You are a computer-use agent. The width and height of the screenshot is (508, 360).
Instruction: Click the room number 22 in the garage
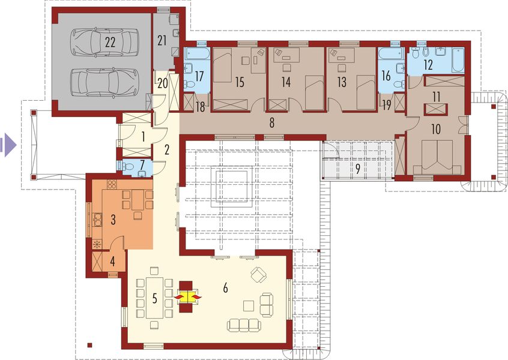pos(109,41)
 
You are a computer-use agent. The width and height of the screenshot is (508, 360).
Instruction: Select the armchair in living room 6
pos(259,275)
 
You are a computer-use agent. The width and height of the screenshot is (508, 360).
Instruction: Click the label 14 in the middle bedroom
pos(286,82)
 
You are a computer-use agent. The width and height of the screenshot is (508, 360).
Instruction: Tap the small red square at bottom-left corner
pos(89,344)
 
